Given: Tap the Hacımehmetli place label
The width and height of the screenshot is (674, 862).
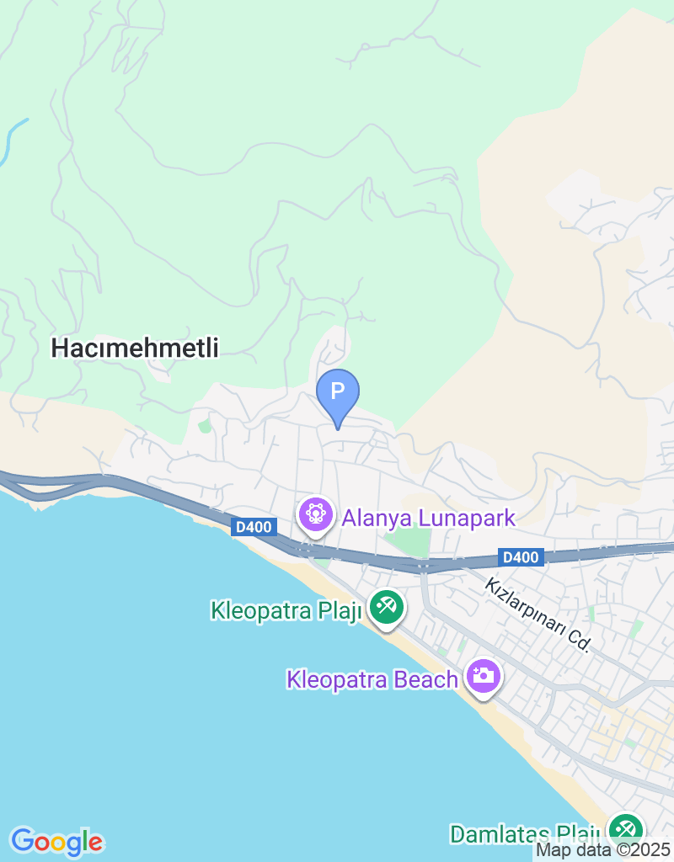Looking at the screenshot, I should (135, 348).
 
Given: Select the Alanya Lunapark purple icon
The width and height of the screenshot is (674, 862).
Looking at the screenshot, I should (316, 513).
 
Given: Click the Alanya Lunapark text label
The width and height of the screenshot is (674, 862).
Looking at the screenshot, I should (428, 517).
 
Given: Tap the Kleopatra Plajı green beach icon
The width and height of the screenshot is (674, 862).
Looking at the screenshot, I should (387, 607).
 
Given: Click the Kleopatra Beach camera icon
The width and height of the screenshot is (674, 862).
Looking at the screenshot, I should (483, 676).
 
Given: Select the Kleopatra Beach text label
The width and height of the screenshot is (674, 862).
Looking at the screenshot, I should (372, 679).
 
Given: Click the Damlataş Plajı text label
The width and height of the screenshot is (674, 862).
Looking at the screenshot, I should (524, 834).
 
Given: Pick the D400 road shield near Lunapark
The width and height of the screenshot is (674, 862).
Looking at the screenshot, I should (254, 527).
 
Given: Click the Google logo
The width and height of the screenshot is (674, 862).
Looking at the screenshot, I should (56, 841).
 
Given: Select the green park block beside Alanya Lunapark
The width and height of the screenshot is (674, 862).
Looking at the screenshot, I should (412, 541).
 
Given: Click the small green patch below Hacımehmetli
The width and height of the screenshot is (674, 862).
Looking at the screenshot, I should (205, 426).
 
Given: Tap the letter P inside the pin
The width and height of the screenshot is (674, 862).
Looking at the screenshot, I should (338, 391).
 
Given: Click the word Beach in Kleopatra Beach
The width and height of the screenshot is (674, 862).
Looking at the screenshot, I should (424, 679).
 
